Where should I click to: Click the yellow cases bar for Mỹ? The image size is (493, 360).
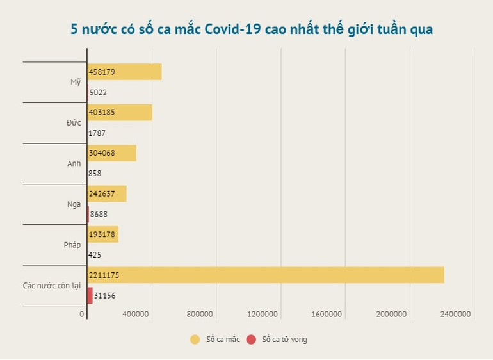pos(124,72)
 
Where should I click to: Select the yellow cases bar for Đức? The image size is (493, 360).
pos(120,113)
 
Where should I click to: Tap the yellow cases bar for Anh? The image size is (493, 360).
pos(111,153)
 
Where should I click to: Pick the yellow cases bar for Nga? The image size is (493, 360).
pos(107,193)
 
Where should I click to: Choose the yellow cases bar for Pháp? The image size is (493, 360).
pos(103,234)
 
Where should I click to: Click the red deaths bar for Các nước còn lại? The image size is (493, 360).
pos(90,295)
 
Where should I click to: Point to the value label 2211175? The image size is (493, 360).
pos(104,275)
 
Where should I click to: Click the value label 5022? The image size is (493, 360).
pos(98,92)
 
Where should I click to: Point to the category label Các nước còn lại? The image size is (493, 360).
pos(52,285)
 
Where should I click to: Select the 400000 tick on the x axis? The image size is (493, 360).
pos(136,314)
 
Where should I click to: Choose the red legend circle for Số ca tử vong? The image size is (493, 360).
pos(251,340)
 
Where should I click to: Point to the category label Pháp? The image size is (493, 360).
pos(72,245)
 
